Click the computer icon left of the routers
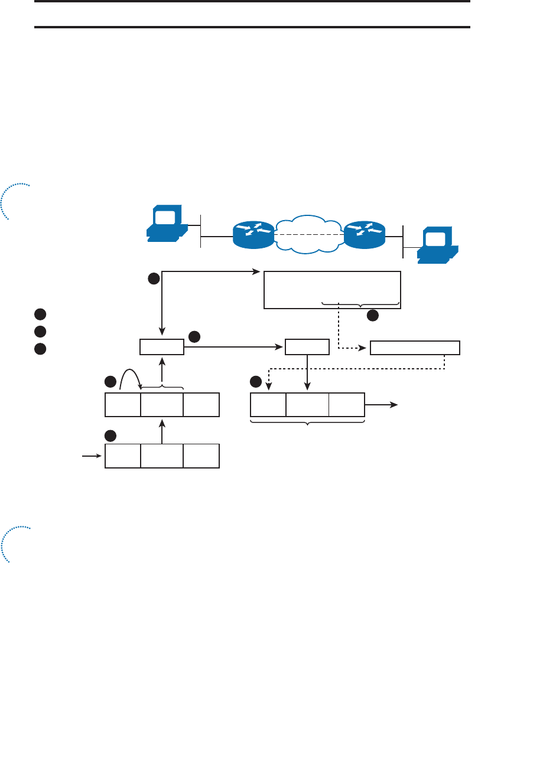tap(167, 224)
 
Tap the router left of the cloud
tap(253, 234)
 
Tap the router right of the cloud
tap(365, 234)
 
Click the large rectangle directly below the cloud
tap(332, 290)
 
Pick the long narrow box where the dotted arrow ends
tap(415, 348)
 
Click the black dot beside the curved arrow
tap(110, 382)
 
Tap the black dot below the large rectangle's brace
tap(373, 316)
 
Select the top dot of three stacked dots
tap(40, 314)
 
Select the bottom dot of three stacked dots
tap(40, 349)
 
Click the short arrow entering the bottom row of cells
tap(92, 456)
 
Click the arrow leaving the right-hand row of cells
tap(381, 405)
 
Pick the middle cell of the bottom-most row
tap(162, 456)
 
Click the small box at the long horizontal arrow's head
tap(307, 347)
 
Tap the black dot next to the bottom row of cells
tap(110, 436)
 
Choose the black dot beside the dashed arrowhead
tap(256, 381)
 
